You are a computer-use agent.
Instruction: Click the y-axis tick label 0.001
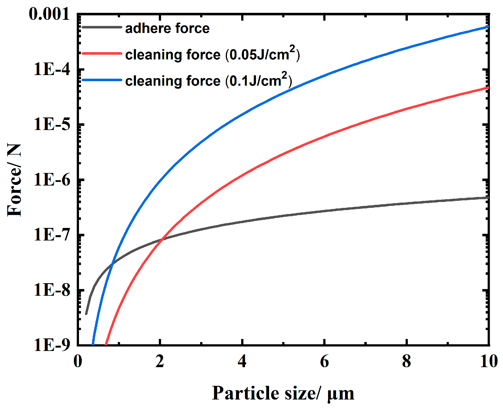49,14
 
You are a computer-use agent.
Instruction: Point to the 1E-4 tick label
52,69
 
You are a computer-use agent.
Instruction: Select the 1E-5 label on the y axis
52,124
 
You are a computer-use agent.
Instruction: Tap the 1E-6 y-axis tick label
52,179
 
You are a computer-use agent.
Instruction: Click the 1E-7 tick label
52,235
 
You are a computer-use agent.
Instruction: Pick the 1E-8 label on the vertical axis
52,290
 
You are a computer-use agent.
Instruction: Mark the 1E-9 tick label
52,345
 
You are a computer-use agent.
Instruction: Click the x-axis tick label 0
78,361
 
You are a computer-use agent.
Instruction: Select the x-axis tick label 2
160,361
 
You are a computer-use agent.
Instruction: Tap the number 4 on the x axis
242,361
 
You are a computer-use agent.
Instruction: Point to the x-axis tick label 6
324,361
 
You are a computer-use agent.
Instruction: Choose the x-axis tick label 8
406,361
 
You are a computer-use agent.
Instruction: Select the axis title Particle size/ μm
283,393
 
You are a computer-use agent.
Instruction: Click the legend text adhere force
167,28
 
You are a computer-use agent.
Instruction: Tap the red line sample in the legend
102,53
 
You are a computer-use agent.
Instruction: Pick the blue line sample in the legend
102,80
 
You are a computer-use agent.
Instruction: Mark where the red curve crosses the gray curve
162,239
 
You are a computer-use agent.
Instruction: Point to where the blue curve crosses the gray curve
112,263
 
